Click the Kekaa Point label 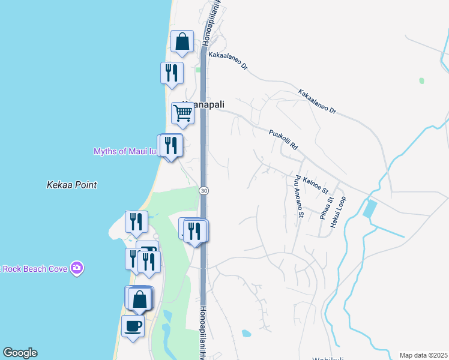pos(71,185)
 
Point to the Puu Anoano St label pos(299,196)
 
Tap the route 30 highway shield pos(204,190)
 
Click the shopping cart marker pos(182,112)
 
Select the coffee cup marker pos(133,326)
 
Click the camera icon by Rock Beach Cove pos(76,268)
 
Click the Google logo pos(20,353)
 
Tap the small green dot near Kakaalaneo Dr pos(421,80)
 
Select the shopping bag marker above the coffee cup pos(140,299)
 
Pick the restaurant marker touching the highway pos(194,230)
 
